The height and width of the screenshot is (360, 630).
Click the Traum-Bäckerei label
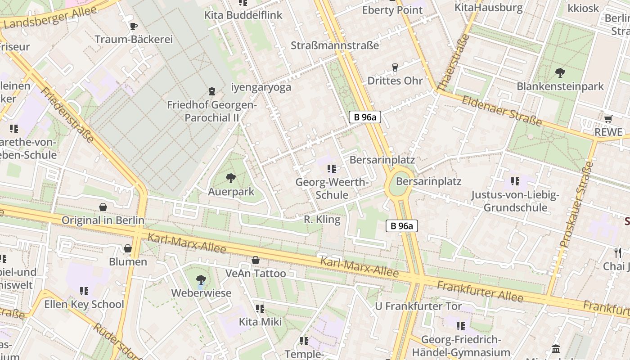pyautogui.click(x=134, y=39)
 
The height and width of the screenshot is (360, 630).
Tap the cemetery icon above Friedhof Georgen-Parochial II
pyautogui.click(x=212, y=91)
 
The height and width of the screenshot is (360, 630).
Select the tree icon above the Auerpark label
pyautogui.click(x=230, y=178)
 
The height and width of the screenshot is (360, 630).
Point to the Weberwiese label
pyautogui.click(x=201, y=293)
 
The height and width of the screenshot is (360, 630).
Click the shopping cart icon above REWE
pyautogui.click(x=608, y=119)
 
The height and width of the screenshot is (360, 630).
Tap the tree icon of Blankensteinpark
pyautogui.click(x=560, y=72)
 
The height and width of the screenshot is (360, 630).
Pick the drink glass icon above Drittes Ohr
pyautogui.click(x=395, y=67)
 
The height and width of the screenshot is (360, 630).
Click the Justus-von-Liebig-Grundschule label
pyautogui.click(x=515, y=201)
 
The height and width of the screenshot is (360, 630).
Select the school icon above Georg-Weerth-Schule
pyautogui.click(x=332, y=169)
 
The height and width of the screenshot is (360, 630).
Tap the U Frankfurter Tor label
pyautogui.click(x=418, y=306)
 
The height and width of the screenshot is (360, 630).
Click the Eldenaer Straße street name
pyautogui.click(x=502, y=111)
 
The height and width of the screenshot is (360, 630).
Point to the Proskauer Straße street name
pyautogui.click(x=576, y=205)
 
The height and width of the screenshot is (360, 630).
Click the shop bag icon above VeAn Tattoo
pyautogui.click(x=255, y=260)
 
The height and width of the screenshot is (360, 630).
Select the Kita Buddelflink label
pyautogui.click(x=243, y=15)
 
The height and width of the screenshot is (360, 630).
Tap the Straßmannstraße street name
pyautogui.click(x=335, y=45)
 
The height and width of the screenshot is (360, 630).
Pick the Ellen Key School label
pyautogui.click(x=84, y=304)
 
